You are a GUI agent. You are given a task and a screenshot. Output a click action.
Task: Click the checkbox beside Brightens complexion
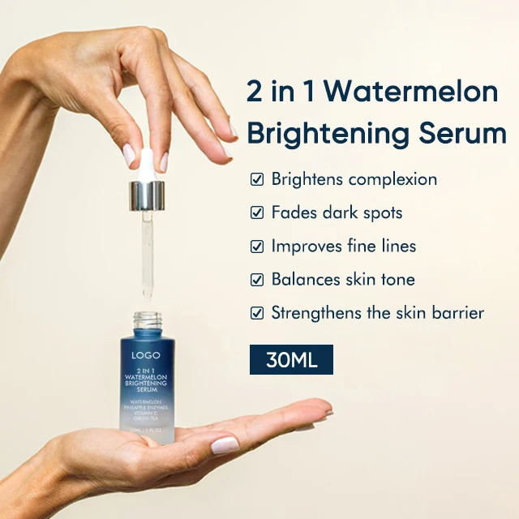[257, 179]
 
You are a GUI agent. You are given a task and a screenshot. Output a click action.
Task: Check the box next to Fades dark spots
[257, 213]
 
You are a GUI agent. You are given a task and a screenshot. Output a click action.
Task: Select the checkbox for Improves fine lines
[257, 247]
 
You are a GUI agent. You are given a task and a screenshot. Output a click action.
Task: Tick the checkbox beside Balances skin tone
[257, 280]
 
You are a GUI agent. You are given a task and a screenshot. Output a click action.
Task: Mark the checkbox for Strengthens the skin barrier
[257, 313]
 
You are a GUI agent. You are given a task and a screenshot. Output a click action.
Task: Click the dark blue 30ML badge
[291, 359]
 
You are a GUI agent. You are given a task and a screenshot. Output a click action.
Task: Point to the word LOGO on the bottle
[146, 354]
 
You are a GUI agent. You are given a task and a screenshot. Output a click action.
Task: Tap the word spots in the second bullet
[380, 213]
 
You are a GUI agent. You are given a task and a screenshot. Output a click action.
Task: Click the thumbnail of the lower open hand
[225, 444]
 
